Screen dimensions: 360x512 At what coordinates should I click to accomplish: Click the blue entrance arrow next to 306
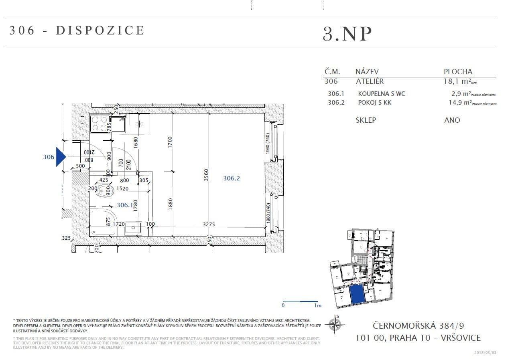click(x=61, y=156)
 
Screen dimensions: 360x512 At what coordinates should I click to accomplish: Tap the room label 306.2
click(x=232, y=178)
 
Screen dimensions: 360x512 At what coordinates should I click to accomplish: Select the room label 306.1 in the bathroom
click(x=124, y=205)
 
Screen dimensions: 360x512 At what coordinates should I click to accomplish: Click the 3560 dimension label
click(x=206, y=175)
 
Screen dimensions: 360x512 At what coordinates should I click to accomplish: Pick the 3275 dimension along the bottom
click(x=209, y=224)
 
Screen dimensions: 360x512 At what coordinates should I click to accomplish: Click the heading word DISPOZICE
click(x=100, y=30)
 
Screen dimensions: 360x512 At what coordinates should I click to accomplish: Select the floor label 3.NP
click(x=347, y=34)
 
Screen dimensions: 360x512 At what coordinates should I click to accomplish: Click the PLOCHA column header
click(x=458, y=72)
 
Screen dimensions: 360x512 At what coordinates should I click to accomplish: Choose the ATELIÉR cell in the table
click(x=370, y=81)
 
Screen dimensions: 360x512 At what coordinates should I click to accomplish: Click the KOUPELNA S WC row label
click(x=382, y=93)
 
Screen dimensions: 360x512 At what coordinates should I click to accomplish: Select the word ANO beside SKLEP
click(x=452, y=120)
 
